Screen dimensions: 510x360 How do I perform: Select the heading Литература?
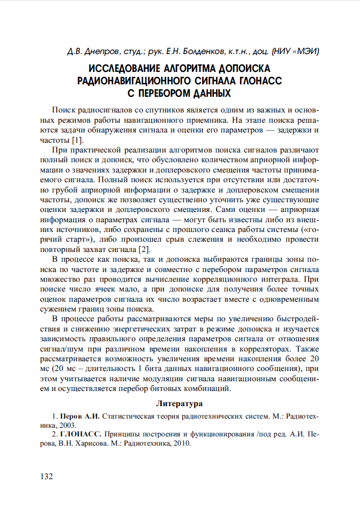coord(179,403)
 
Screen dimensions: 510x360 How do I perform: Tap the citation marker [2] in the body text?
coord(143,249)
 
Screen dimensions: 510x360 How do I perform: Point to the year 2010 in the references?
coord(180,443)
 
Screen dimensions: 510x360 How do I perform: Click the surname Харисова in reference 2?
coord(91,443)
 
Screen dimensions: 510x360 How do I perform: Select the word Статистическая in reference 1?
coord(128,418)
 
